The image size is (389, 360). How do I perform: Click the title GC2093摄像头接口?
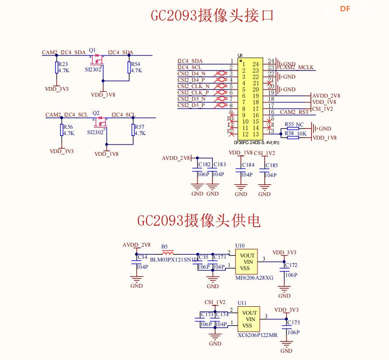coord(212,15)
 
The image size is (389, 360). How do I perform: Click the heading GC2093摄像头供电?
coord(199,221)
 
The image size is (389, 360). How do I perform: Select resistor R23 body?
coord(56,68)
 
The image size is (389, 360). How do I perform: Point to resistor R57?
coord(133,130)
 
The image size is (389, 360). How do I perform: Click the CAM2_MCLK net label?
coord(297,68)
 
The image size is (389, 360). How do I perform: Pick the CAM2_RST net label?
coord(294,112)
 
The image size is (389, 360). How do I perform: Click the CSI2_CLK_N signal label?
coord(193,86)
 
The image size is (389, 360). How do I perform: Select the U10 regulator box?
coord(247,262)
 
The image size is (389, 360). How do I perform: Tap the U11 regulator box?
coord(250,319)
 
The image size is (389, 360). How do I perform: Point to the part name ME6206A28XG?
coord(254,278)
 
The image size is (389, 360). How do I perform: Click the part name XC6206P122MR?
coord(258,336)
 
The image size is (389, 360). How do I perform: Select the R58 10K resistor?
coord(293,134)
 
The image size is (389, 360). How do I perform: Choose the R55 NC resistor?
coord(293,129)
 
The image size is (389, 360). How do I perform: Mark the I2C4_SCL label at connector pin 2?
coord(190,67)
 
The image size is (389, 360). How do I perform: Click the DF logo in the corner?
coord(346,9)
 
